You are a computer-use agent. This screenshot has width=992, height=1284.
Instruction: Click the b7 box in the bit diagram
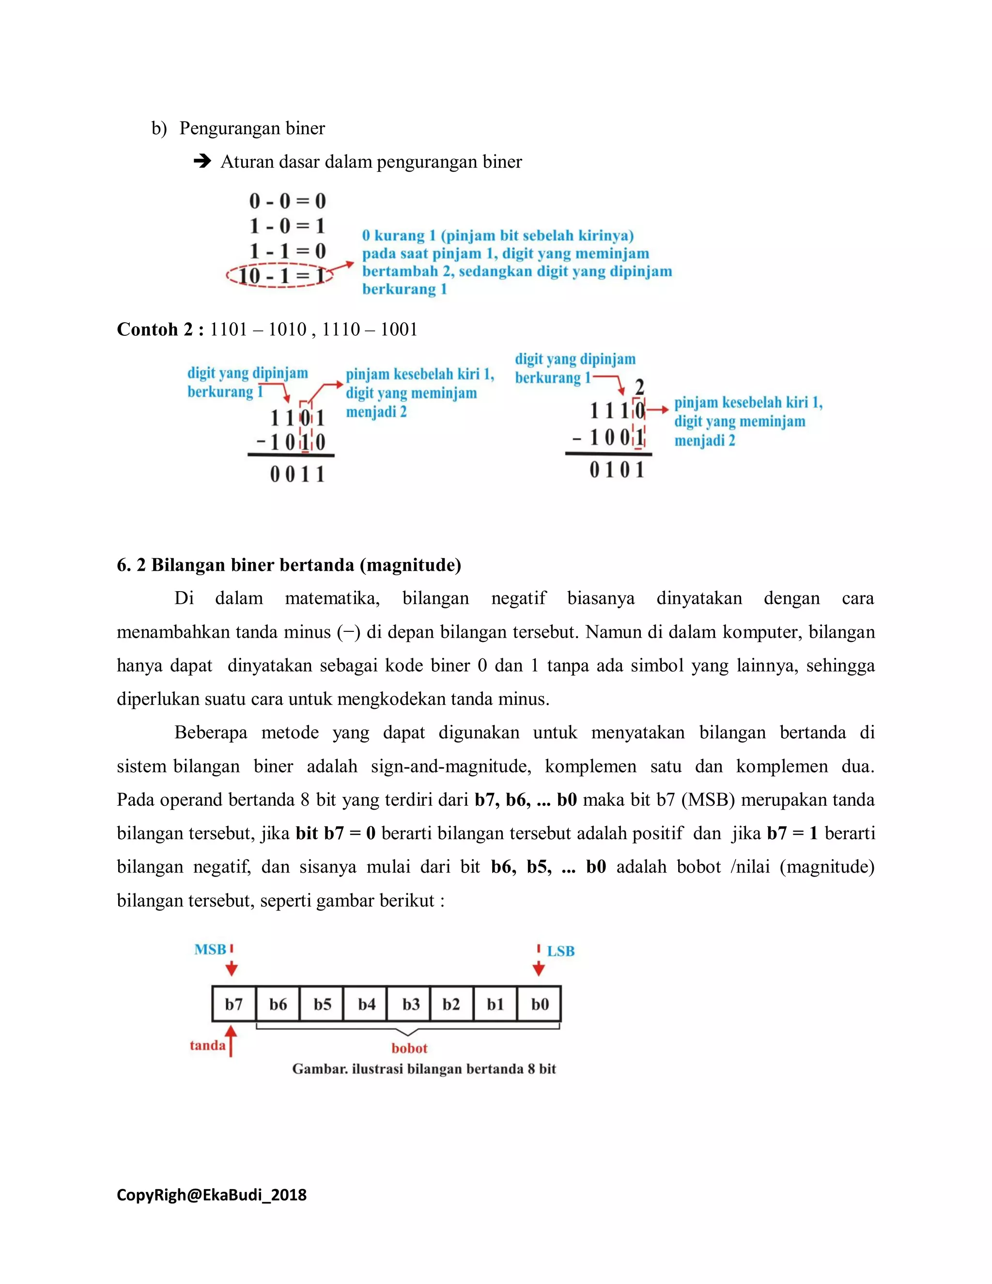234,1003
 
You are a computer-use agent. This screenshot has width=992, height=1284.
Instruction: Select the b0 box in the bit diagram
540,1003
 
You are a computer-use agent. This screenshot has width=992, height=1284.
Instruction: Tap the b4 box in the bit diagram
366,1003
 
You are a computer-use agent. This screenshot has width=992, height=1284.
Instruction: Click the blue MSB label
210,950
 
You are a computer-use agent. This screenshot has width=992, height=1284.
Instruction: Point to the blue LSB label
560,951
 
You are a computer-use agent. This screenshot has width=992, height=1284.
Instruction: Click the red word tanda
207,1045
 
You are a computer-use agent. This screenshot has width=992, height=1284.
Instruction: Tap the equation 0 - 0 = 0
287,201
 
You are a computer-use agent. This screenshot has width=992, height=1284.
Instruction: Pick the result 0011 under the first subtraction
297,474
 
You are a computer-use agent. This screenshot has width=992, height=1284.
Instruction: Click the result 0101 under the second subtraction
617,470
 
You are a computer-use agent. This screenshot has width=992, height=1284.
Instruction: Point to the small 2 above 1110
639,386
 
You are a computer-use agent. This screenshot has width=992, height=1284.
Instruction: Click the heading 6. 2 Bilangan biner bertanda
289,565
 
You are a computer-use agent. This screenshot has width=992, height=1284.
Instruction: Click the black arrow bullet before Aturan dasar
202,161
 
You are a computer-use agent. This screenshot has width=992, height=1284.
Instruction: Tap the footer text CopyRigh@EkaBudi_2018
212,1195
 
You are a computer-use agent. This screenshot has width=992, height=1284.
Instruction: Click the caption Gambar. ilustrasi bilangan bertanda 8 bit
424,1069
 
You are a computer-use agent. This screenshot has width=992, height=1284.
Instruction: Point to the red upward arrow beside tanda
231,1041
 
